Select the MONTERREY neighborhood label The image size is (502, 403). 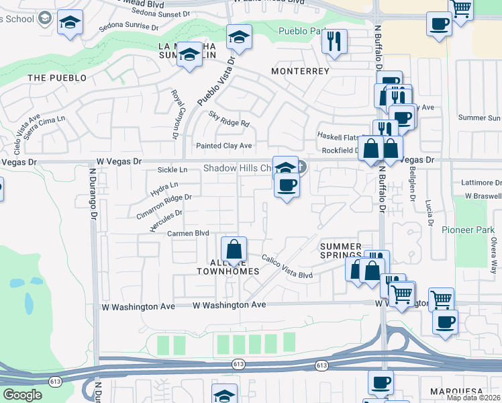click(x=300, y=71)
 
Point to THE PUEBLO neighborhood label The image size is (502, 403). click(x=57, y=78)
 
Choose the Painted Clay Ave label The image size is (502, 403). click(x=223, y=146)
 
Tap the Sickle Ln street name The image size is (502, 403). click(x=172, y=170)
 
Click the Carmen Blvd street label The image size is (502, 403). click(x=189, y=233)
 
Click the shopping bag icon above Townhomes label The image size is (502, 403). click(x=234, y=250)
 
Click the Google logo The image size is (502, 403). click(x=22, y=395)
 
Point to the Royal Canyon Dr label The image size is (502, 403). click(x=178, y=115)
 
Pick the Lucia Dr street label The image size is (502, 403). click(x=428, y=214)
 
